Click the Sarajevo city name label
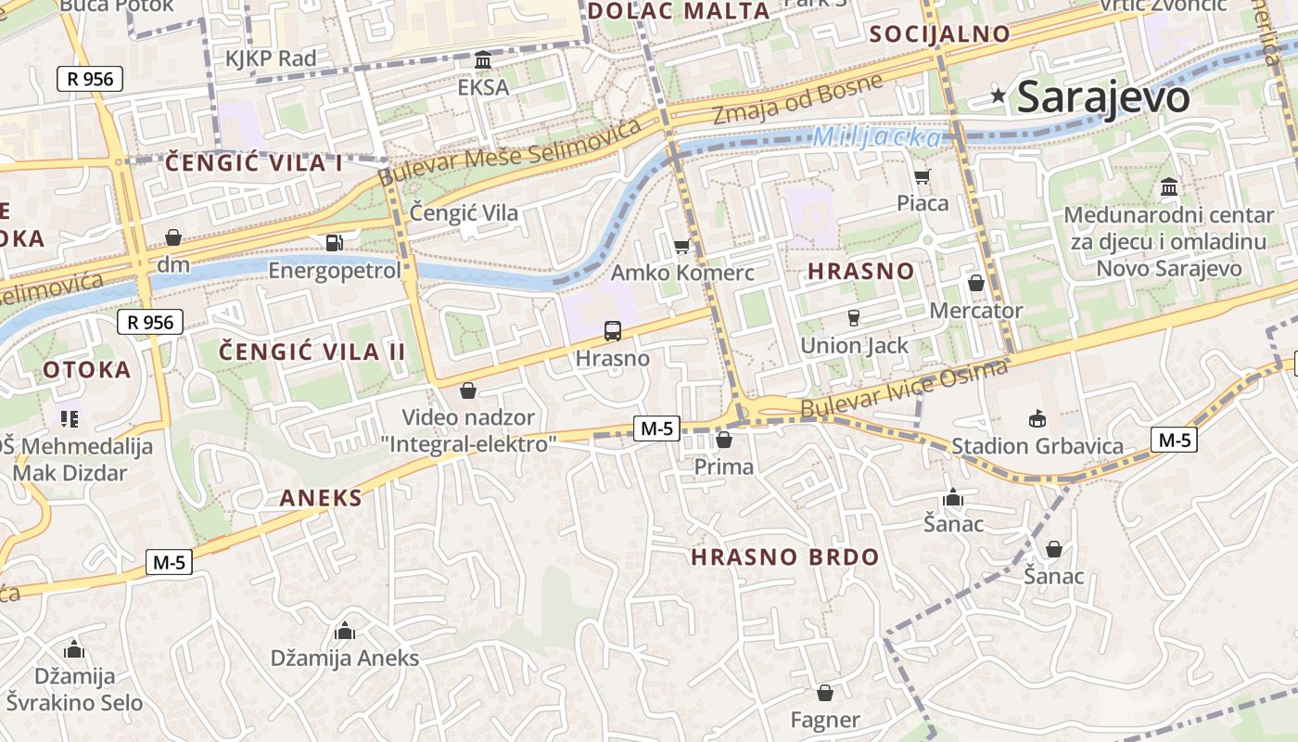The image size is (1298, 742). pyautogui.click(x=1102, y=97)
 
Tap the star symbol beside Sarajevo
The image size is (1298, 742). pyautogui.click(x=999, y=95)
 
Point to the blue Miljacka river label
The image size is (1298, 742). pyautogui.click(x=876, y=138)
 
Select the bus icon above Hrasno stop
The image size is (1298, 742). pyautogui.click(x=612, y=331)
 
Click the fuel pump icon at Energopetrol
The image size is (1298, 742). pyautogui.click(x=334, y=243)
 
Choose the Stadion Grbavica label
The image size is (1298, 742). pyautogui.click(x=1037, y=446)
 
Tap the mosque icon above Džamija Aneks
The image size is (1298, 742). pyautogui.click(x=345, y=632)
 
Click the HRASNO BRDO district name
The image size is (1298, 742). pyautogui.click(x=785, y=557)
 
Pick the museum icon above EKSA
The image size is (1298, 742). pyautogui.click(x=483, y=60)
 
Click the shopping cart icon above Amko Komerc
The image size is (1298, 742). pyautogui.click(x=682, y=246)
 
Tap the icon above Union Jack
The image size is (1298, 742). pyautogui.click(x=854, y=318)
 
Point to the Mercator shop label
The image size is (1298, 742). pyautogui.click(x=975, y=311)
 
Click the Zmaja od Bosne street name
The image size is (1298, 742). pyautogui.click(x=797, y=99)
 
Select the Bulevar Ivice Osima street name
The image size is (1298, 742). pyautogui.click(x=904, y=389)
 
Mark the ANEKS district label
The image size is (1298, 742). pyautogui.click(x=321, y=498)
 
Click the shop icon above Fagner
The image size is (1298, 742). pyautogui.click(x=824, y=693)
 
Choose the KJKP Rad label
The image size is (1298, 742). pyautogui.click(x=271, y=58)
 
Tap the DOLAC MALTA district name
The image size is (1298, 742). pyautogui.click(x=679, y=11)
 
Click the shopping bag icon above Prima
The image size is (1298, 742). pyautogui.click(x=724, y=440)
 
